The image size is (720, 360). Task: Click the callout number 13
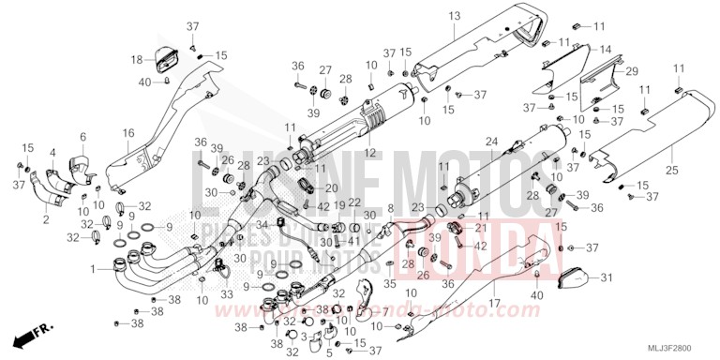[454, 17]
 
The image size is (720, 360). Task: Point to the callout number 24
[491, 142]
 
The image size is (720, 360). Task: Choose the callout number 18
[136, 60]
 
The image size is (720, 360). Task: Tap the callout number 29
[632, 71]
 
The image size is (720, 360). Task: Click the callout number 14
[606, 49]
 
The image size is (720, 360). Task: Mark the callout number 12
[345, 153]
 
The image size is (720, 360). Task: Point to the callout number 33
[225, 295]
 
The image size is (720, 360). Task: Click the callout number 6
[82, 138]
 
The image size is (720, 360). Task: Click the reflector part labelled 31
[574, 278]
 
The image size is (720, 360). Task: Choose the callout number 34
[261, 224]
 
